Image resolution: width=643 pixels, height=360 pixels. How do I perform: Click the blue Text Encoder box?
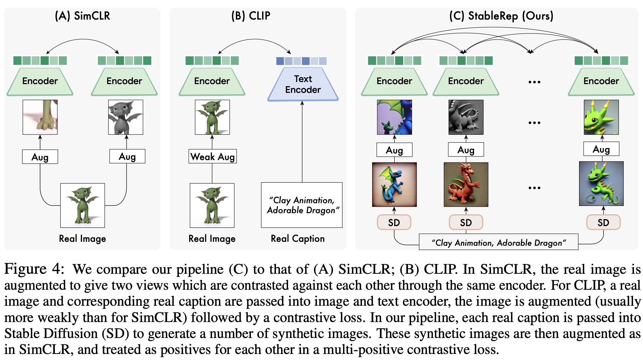303,84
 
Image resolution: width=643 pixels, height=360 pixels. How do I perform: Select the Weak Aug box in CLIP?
212,156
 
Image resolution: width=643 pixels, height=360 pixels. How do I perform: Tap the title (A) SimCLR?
82,16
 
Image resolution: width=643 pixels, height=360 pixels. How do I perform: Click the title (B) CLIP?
251,16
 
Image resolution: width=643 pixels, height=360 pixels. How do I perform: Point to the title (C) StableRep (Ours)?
501,16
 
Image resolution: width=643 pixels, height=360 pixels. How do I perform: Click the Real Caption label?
298,238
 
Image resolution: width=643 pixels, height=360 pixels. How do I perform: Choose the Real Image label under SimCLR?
82,238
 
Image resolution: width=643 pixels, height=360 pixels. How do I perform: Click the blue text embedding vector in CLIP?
301,61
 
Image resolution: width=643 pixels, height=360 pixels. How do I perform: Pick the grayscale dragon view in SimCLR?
125,117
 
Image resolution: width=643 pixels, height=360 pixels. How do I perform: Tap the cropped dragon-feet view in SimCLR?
40,117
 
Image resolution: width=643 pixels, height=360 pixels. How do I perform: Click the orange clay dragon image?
466,185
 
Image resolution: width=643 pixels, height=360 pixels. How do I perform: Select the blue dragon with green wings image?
394,185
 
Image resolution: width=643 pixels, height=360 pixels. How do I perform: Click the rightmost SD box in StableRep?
603,223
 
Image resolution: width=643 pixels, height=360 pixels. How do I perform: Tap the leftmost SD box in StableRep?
394,223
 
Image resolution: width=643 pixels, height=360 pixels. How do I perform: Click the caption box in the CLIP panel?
302,205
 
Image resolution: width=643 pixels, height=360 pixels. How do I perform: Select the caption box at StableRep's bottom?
498,242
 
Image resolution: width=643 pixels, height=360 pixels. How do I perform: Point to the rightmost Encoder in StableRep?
601,81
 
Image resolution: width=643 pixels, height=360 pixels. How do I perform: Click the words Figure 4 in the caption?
34,269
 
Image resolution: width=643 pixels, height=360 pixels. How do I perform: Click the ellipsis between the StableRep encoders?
534,82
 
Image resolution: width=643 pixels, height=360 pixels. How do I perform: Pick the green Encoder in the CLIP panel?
212,81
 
